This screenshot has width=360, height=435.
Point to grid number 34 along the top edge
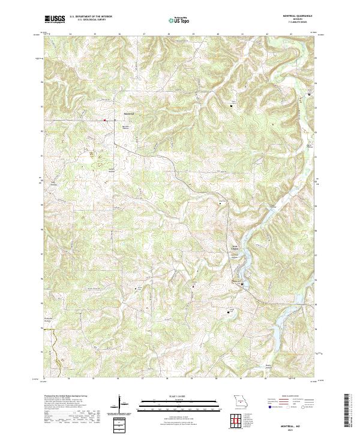(70, 34)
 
